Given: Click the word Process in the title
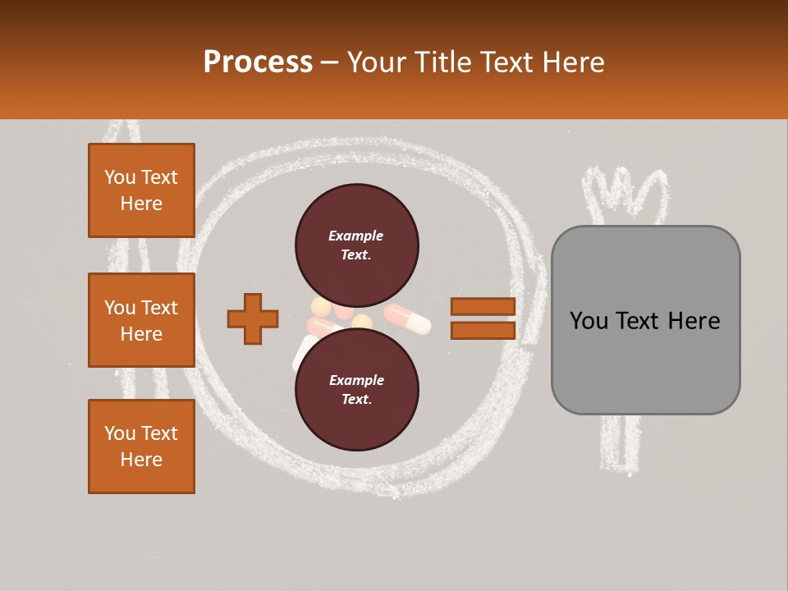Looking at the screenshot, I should [258, 62].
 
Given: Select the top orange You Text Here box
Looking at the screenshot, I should [141, 190].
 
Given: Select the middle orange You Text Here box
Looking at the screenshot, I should [141, 320].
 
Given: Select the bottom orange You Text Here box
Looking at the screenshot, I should [141, 446].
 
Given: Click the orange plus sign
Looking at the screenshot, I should [253, 318].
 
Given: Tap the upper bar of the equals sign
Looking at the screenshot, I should [483, 306].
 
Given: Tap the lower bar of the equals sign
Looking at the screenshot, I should [483, 330].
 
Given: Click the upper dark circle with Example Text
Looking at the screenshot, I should [357, 245].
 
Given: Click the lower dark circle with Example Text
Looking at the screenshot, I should [357, 389].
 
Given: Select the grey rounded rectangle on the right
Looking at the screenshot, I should [645, 320].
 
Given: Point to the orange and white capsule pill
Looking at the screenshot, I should [408, 318].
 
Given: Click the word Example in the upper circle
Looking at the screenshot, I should [355, 236].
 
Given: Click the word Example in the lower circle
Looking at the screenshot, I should [355, 380].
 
